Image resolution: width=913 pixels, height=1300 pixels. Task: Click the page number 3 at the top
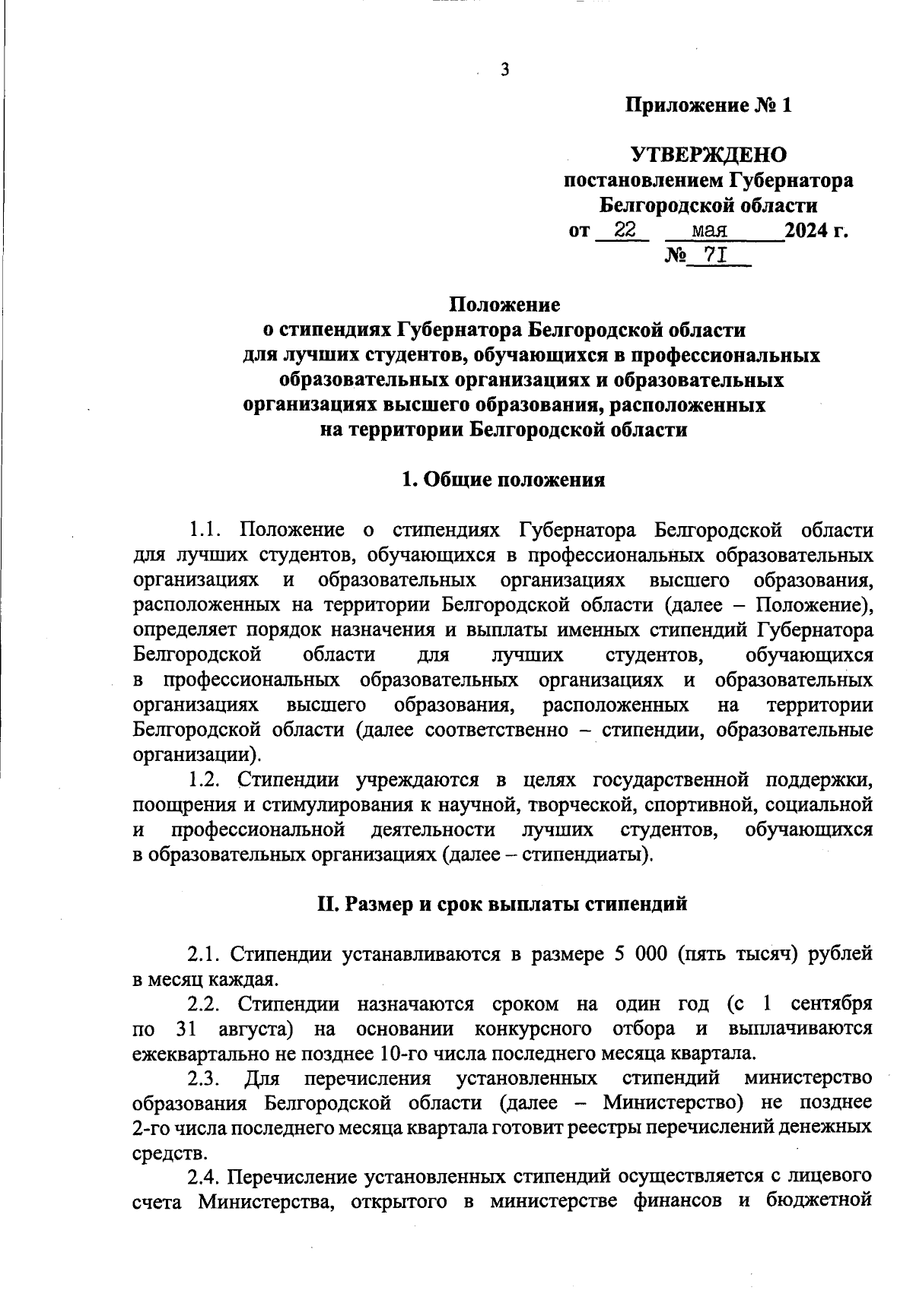pyautogui.click(x=504, y=70)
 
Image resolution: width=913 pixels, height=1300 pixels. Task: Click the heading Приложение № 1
pyautogui.click(x=708, y=106)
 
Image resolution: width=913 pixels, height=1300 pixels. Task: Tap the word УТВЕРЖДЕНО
pyautogui.click(x=708, y=156)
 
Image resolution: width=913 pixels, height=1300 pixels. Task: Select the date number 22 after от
pyautogui.click(x=625, y=230)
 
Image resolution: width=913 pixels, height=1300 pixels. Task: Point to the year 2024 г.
pyautogui.click(x=816, y=230)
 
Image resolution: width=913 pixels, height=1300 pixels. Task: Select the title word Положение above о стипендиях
pyautogui.click(x=504, y=306)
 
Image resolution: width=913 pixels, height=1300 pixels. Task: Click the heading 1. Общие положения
pyautogui.click(x=503, y=480)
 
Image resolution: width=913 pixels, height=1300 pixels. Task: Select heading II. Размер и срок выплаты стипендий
pyautogui.click(x=502, y=904)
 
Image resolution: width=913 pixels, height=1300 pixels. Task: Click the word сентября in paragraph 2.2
pyautogui.click(x=832, y=1004)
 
